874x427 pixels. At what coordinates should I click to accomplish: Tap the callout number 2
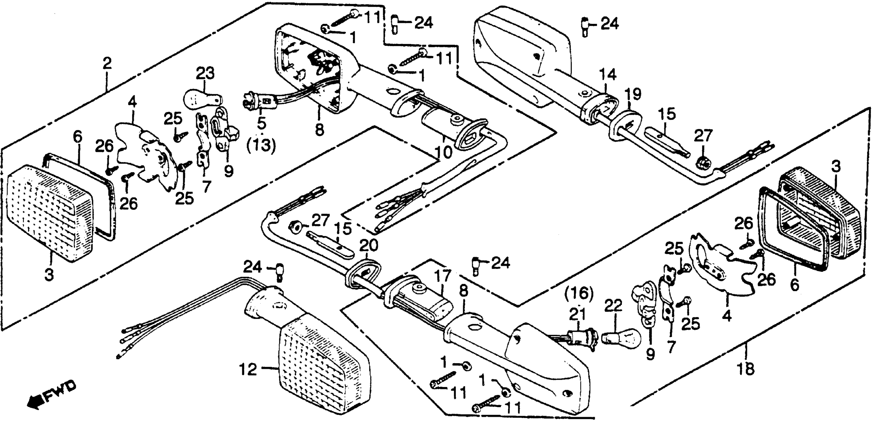coord(107,64)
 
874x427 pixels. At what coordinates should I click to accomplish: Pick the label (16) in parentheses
coord(579,293)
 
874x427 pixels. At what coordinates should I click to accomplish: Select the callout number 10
coord(443,152)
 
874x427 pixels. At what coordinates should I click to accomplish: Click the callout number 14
coord(608,75)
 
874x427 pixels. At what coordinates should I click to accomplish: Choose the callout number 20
coord(369,246)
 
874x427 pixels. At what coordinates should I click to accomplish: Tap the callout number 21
coord(577,314)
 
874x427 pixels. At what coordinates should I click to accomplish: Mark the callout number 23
coord(205,73)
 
